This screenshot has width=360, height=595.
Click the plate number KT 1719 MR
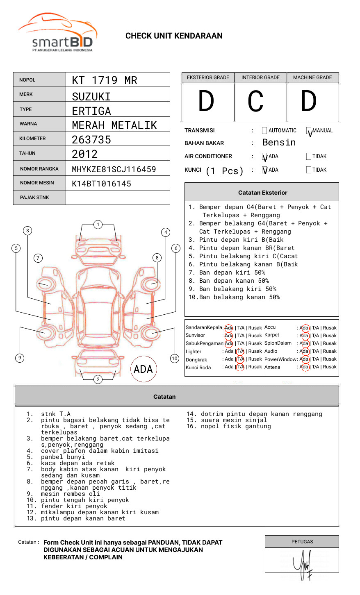coord(105,80)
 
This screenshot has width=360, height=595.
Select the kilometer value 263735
coord(91,140)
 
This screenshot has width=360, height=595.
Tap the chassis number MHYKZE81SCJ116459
coord(114,169)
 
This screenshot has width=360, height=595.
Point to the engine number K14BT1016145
coord(102,184)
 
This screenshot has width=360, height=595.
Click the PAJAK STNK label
coord(34,198)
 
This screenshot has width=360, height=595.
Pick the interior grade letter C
coord(255,102)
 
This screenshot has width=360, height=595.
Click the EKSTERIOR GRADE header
coord(208,77)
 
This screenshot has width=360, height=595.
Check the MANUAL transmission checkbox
coord(309,131)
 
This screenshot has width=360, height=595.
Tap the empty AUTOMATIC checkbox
coord(264,131)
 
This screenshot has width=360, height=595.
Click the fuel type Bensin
coord(279,143)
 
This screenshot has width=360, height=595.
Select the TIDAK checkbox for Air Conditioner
coord(309,156)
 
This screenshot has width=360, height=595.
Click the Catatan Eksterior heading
coord(262,193)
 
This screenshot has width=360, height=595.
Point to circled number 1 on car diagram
coord(98,225)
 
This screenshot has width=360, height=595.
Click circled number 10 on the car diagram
coord(175,359)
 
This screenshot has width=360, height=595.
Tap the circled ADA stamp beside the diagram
coord(143,369)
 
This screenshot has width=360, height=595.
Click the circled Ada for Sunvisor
coord(229,336)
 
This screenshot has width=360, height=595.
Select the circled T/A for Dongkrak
coord(240,359)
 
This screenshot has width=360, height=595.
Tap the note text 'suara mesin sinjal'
coord(234,420)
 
